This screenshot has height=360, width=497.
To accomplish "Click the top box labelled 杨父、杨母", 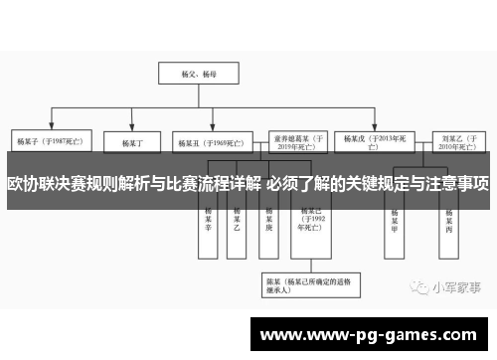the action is (x=190, y=74).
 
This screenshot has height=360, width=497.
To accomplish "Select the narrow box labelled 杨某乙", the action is (x=237, y=220).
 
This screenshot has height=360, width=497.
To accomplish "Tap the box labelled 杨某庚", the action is (x=268, y=220).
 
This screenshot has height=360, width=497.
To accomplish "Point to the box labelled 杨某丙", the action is (x=450, y=220).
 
